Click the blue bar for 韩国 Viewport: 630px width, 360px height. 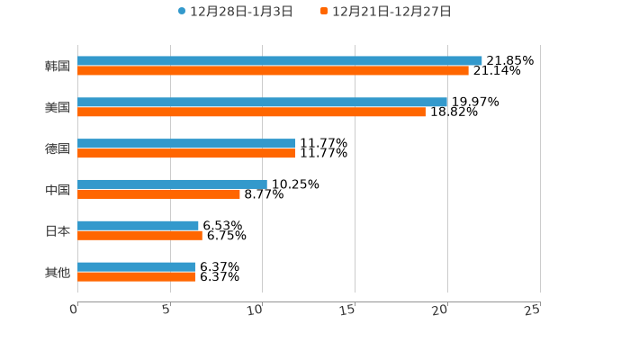(x=280, y=61)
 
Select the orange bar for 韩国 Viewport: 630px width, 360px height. (x=273, y=71)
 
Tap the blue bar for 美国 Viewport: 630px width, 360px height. (x=262, y=103)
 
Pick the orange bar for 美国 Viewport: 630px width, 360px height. (x=251, y=112)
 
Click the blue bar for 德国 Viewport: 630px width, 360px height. (x=186, y=144)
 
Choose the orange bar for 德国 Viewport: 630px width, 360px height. (x=186, y=154)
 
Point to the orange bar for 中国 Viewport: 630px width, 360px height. (x=158, y=194)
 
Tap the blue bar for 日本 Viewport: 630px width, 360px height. (x=138, y=226)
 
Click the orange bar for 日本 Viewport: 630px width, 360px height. (x=139, y=236)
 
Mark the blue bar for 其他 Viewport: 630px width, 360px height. (x=136, y=267)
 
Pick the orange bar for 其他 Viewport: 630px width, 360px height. (x=136, y=277)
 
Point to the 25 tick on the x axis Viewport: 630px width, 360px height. (x=532, y=310)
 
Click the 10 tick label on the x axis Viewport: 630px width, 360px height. (x=255, y=310)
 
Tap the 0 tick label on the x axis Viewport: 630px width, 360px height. (x=74, y=310)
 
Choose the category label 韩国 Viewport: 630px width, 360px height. (x=58, y=67)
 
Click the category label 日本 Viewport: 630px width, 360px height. (x=58, y=231)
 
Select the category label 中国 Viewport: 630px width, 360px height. (x=58, y=190)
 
